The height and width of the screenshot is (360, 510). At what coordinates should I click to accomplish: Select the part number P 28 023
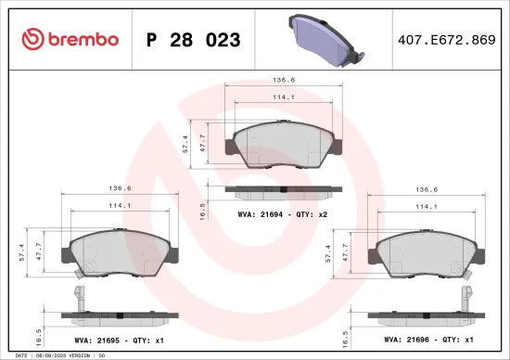click(194, 40)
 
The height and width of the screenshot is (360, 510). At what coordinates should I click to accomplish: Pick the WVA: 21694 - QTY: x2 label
click(282, 213)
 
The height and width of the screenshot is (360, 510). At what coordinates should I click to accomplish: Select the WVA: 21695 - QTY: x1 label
click(118, 341)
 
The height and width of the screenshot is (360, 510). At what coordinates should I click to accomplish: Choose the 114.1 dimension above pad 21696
click(427, 206)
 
